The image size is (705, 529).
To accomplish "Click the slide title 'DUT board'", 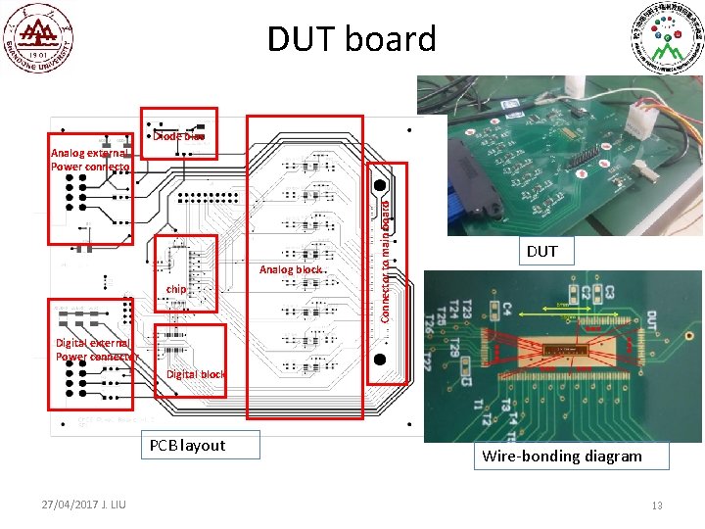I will [x=352, y=39].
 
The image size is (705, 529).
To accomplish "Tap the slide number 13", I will [x=658, y=505].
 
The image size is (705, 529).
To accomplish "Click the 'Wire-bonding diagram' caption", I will [x=562, y=456].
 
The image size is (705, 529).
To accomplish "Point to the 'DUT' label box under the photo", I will [x=541, y=252].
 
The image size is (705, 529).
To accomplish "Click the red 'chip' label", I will [x=176, y=289].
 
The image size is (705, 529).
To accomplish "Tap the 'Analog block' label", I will [x=291, y=269].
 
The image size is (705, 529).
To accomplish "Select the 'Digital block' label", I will [x=196, y=374].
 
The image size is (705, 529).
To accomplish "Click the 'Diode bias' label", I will [x=180, y=136].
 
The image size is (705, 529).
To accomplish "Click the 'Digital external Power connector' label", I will [x=93, y=350].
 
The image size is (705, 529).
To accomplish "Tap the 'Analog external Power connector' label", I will [x=90, y=160].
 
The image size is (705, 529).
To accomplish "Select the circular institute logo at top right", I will [x=667, y=39].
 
